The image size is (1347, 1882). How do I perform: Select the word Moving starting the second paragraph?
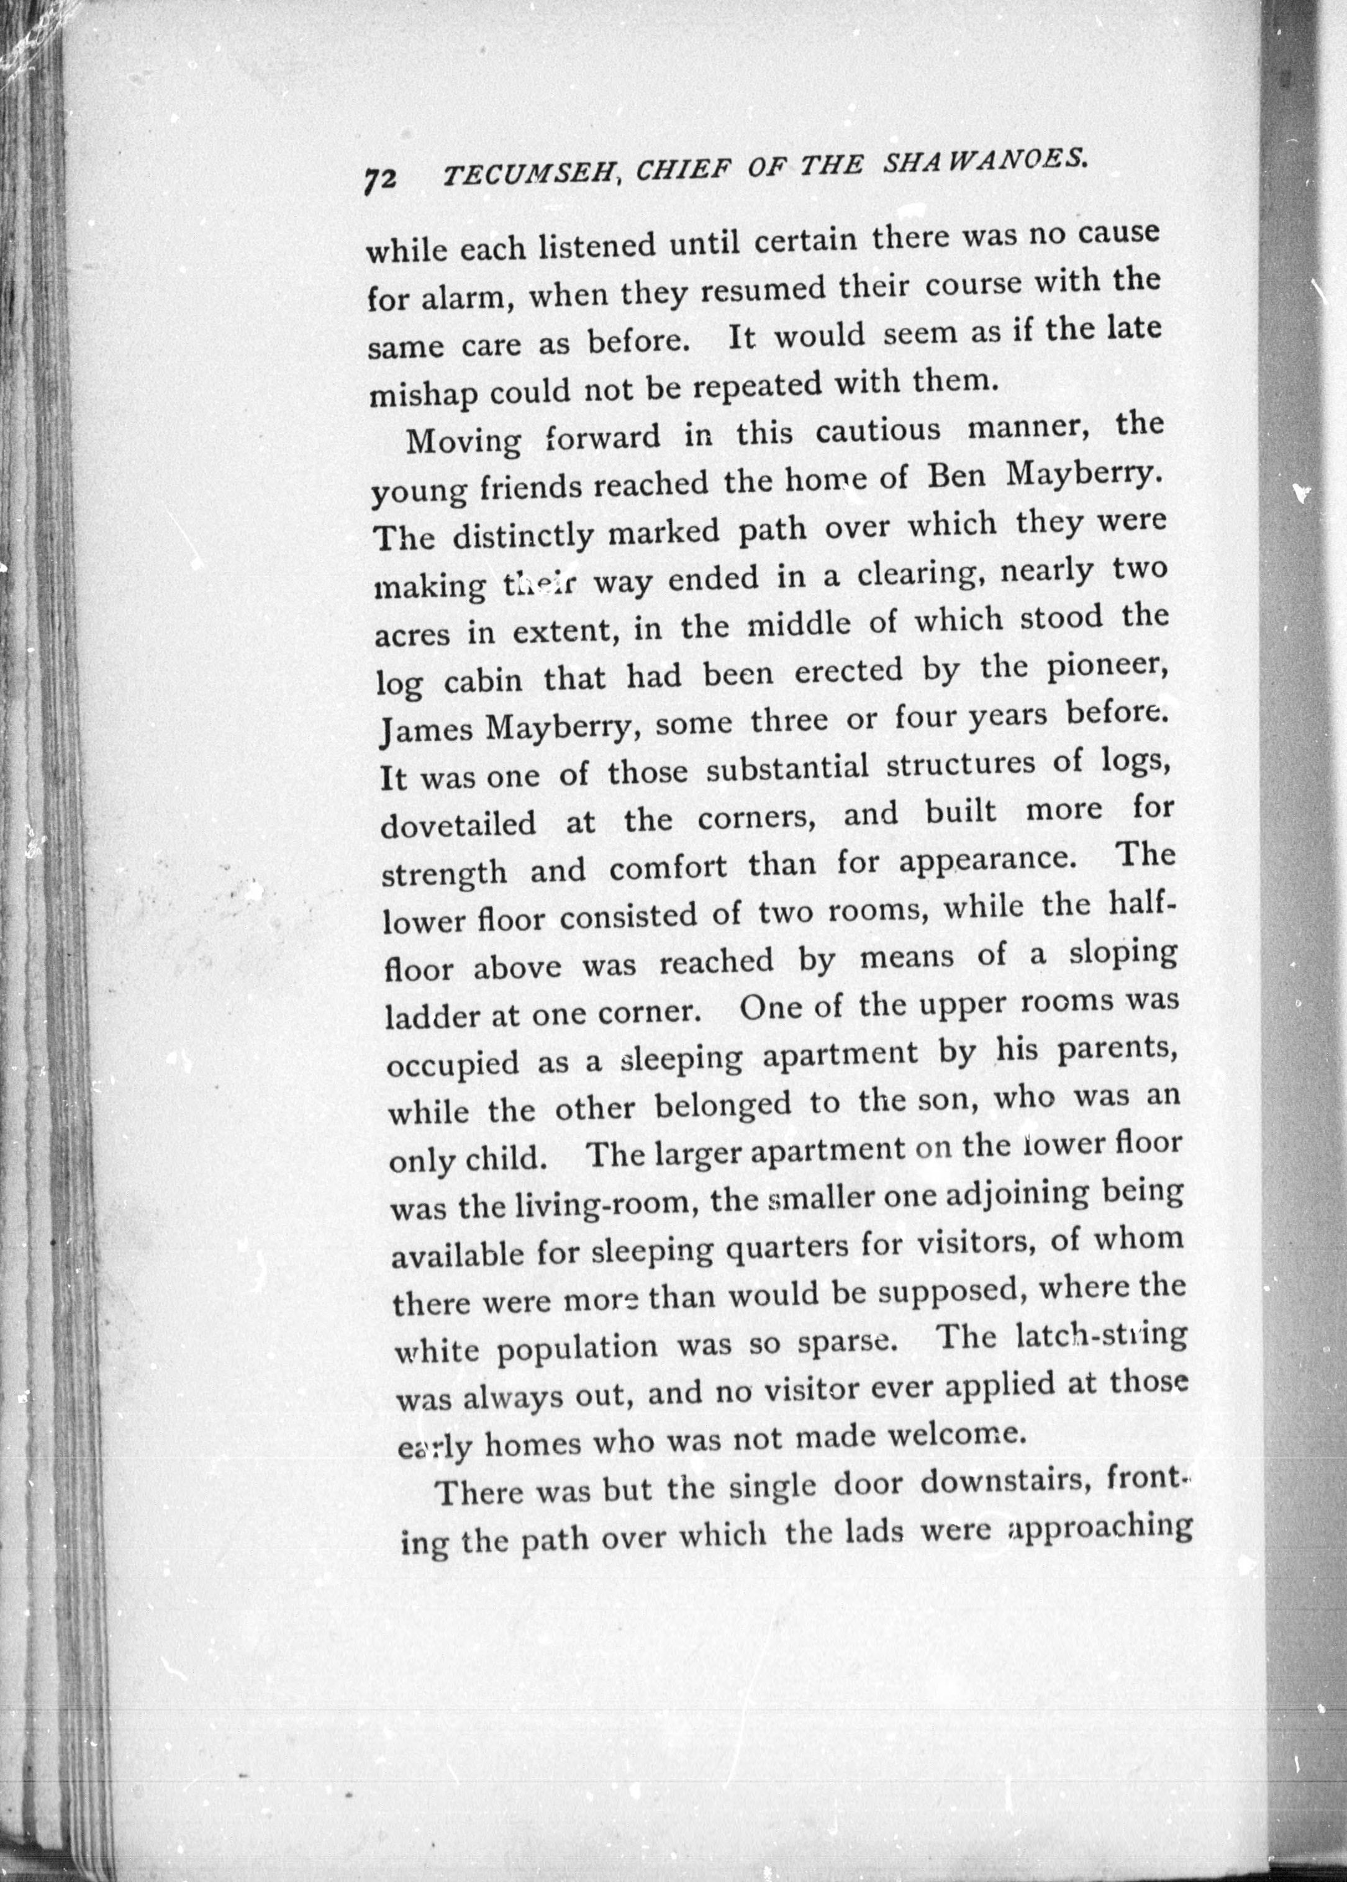click(x=463, y=441)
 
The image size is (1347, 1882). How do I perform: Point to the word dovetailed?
click(x=458, y=825)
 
